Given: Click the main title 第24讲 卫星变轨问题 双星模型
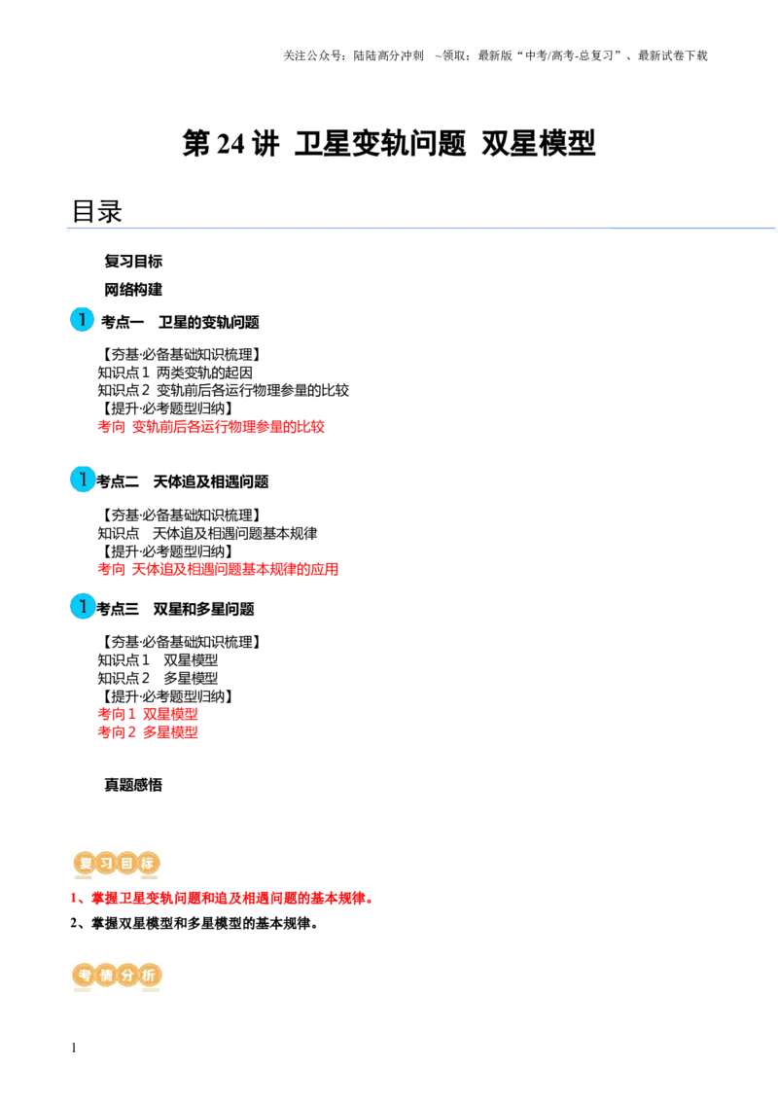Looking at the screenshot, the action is [x=388, y=144].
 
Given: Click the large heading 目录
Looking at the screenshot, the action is [x=97, y=211].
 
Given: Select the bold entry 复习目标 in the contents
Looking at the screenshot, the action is [x=133, y=262].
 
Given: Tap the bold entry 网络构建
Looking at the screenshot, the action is [x=133, y=289].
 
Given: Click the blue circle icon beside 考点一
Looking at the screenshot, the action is [x=82, y=319].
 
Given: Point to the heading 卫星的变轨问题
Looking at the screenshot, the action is [x=208, y=322].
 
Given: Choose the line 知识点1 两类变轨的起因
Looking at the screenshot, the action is [x=175, y=373].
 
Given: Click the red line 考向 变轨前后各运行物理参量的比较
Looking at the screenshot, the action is [x=211, y=426].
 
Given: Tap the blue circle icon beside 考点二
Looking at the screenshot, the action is [x=82, y=479].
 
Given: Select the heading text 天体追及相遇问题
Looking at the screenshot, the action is [x=211, y=481].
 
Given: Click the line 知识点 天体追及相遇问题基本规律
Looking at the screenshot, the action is [x=207, y=534].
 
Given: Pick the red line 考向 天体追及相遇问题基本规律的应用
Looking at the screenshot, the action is [x=218, y=569].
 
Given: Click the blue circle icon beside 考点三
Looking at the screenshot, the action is [x=82, y=607].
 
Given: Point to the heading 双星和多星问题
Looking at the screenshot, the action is [x=203, y=609].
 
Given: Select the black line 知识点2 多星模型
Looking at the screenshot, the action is [x=158, y=678].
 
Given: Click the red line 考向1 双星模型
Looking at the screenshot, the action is [x=148, y=714].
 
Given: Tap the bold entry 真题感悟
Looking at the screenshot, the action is [x=133, y=785].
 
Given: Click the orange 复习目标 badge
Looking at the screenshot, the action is [x=117, y=864].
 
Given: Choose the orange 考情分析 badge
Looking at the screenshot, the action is [x=117, y=976].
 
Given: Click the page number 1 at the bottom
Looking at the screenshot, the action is [x=74, y=1048].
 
